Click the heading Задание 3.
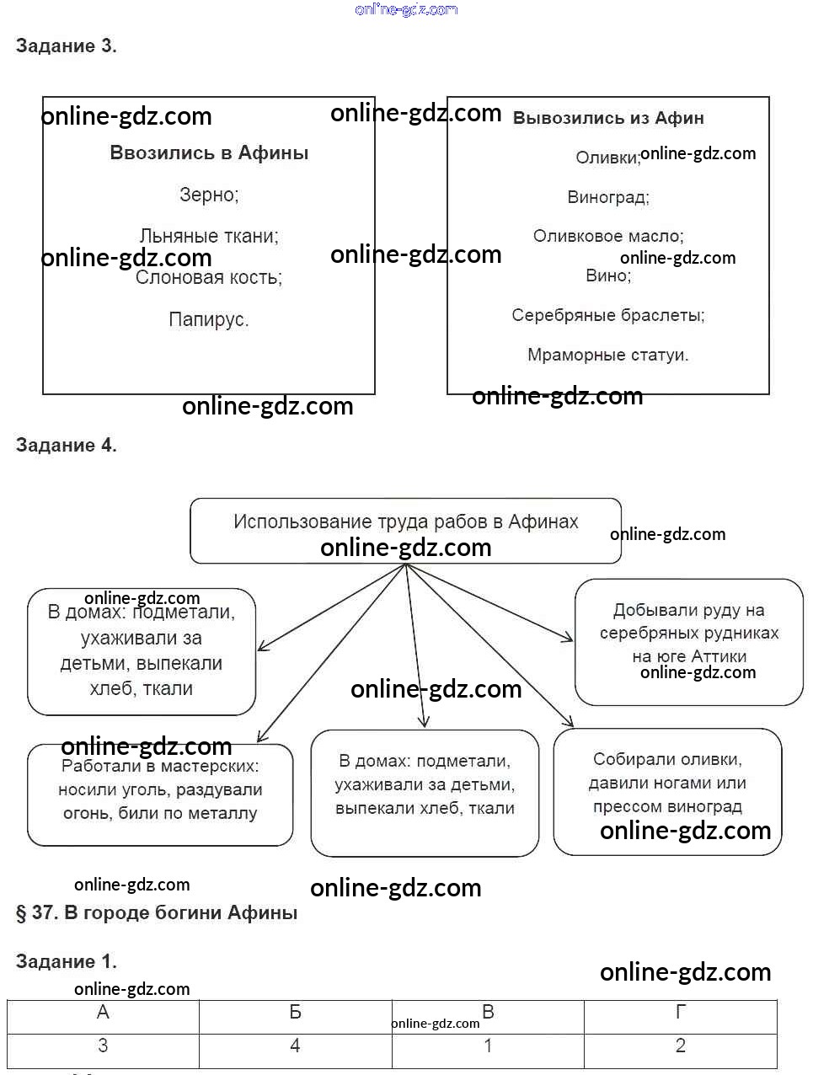[66, 45]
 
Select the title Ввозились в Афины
[209, 152]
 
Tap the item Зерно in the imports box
[209, 195]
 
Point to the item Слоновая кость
[209, 278]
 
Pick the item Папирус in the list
[209, 319]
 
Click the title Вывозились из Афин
[608, 118]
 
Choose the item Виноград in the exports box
[608, 197]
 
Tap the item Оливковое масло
[608, 236]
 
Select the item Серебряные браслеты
[608, 315]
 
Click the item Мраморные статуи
[608, 355]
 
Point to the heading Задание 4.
[66, 445]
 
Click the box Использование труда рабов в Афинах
[405, 531]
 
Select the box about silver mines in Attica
[688, 642]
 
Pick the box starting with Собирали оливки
[667, 792]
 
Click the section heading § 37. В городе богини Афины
[157, 913]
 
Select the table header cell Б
[296, 1012]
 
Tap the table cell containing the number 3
[103, 1046]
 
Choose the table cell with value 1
[488, 1046]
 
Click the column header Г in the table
[680, 1012]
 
